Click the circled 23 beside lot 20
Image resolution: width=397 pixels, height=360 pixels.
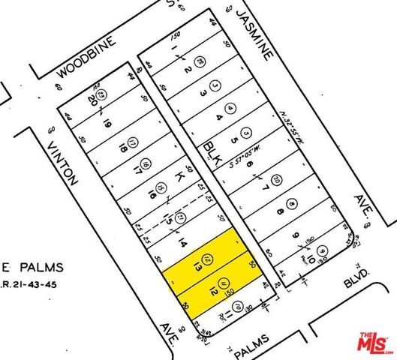tap(107, 94)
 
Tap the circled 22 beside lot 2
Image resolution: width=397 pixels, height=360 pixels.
tap(200, 61)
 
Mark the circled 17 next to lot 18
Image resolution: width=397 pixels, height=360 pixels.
tap(132, 142)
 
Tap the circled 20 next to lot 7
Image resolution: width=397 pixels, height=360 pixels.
tap(276, 178)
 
